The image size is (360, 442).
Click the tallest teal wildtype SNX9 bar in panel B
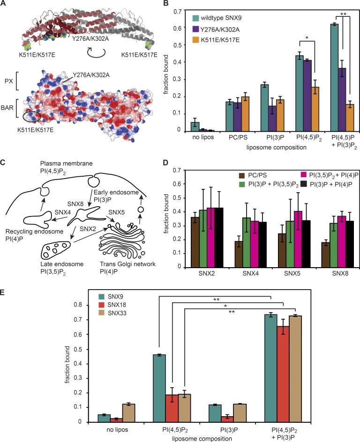[x=334, y=77]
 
